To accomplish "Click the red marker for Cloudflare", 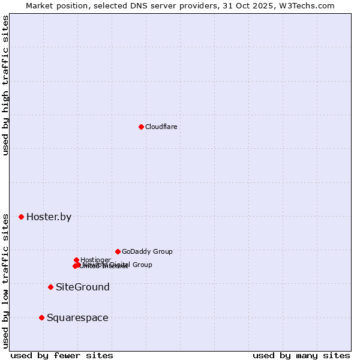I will tap(141, 127).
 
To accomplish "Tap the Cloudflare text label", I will tap(161, 127).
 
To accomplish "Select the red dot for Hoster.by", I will tap(21, 217).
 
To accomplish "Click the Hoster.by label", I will tap(49, 217).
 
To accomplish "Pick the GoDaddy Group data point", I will tap(118, 251).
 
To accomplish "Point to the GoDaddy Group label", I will tap(147, 252).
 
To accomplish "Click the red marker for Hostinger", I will tap(76, 260).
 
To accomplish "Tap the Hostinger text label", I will tap(95, 260).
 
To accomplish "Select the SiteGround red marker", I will tap(50, 287).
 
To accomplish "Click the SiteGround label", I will tap(83, 287).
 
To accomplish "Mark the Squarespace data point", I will tap(41, 317).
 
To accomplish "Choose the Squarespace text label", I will tap(77, 318).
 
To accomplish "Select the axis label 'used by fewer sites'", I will tap(62, 355).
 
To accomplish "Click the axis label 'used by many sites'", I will tap(301, 355).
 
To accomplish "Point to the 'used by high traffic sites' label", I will tap(5, 86).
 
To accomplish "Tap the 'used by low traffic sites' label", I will tap(5, 281).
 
